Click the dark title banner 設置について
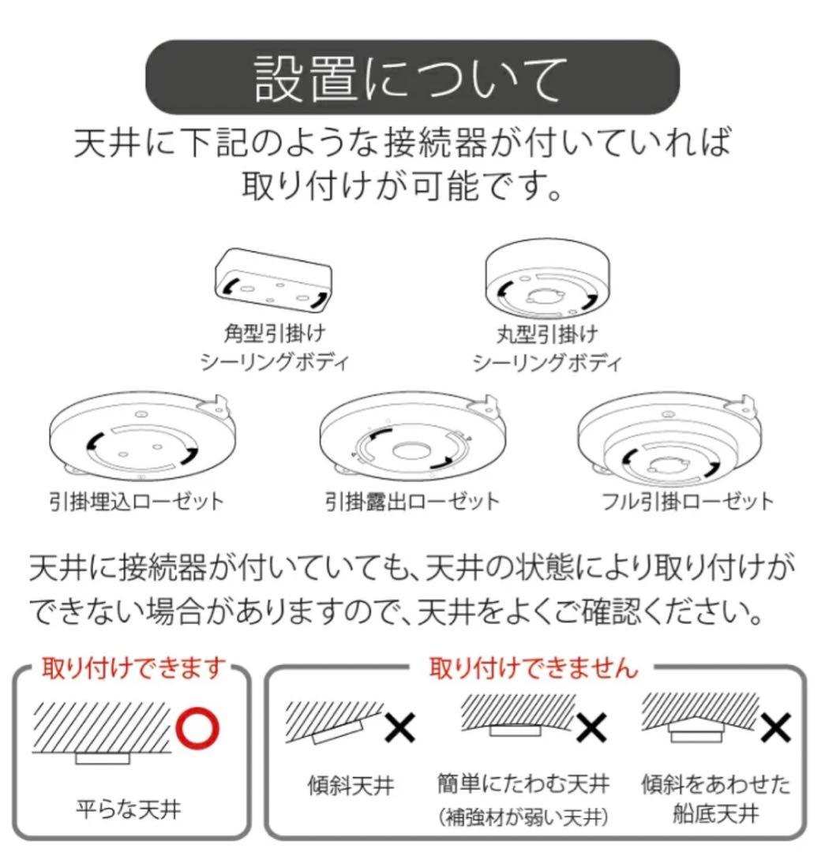[x=412, y=77]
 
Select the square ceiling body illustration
[x=273, y=280]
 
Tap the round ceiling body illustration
[x=548, y=278]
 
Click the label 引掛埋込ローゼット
[x=137, y=501]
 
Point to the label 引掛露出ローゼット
[x=412, y=501]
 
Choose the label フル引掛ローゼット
[x=688, y=501]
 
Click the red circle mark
[x=197, y=728]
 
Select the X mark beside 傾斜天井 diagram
[x=399, y=727]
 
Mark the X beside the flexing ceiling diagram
[x=591, y=727]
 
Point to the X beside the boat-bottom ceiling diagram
[x=775, y=727]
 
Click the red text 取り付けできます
[x=133, y=667]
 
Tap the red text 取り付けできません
[x=533, y=667]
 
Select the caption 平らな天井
[x=129, y=809]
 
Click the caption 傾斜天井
[x=351, y=785]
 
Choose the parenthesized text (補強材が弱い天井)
[x=523, y=816]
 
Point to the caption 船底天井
[x=716, y=813]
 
